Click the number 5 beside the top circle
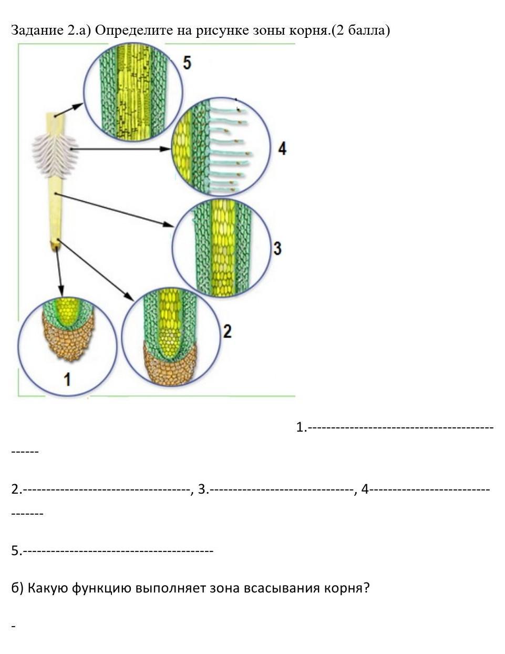(x=187, y=63)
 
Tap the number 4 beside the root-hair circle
(x=282, y=149)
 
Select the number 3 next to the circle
(x=277, y=248)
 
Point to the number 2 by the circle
(x=228, y=331)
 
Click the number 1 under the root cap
(x=67, y=379)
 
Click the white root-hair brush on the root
(x=55, y=157)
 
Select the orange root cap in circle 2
(x=170, y=365)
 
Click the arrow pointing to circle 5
(x=68, y=110)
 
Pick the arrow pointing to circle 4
(x=120, y=149)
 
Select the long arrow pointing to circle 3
(x=114, y=210)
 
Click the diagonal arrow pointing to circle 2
(x=96, y=270)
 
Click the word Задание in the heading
(x=37, y=30)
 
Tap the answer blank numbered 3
(x=281, y=489)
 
